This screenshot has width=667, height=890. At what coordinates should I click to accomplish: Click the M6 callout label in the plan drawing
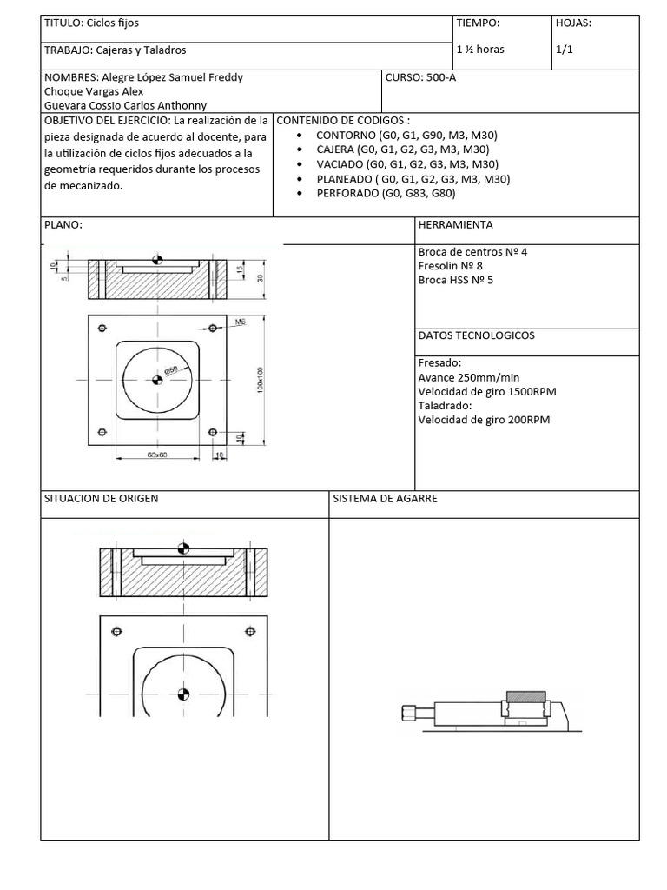pos(241,322)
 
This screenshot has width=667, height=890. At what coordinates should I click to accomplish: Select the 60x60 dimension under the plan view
pos(156,454)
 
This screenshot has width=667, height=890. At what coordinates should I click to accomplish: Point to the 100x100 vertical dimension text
pos(260,380)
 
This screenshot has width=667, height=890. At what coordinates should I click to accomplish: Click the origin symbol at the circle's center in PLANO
pos(157,379)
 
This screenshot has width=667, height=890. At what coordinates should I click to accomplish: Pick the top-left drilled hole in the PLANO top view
pos(102,328)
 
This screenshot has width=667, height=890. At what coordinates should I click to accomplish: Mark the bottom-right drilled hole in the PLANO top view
pos(212,432)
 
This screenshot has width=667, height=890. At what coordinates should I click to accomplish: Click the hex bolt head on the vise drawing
pos(407,714)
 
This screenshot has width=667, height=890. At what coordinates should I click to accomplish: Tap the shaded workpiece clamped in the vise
pos(525,695)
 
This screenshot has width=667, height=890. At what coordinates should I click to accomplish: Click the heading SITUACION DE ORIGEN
pos(102,499)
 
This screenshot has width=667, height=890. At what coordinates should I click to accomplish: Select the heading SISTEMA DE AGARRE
pos(385,499)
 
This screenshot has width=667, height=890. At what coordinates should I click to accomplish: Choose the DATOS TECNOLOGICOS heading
pos(476,335)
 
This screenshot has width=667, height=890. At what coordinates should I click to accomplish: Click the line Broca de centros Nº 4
pos(472,252)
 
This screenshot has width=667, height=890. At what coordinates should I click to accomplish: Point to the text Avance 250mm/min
pos(469,377)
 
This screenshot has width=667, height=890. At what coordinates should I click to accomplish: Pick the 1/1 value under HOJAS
pos(565,50)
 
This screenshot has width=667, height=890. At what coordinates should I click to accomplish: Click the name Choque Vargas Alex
pos(94,91)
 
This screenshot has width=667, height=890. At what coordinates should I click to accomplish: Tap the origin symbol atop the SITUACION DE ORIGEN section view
pos(182,548)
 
